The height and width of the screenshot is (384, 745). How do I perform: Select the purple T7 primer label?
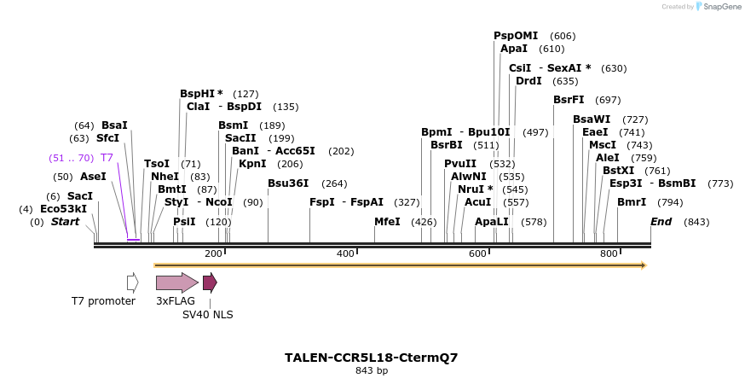(x=107, y=158)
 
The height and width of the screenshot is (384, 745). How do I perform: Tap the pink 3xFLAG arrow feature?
(x=176, y=282)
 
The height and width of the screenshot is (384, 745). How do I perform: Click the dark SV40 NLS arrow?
(x=210, y=282)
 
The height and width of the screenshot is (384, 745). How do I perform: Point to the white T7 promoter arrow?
(x=132, y=282)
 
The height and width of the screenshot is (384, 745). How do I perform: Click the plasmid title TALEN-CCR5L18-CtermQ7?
(x=371, y=358)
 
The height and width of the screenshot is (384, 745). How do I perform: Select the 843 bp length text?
(x=371, y=371)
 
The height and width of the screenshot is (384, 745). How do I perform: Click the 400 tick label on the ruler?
(x=345, y=254)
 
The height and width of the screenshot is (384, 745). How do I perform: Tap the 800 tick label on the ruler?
(x=609, y=254)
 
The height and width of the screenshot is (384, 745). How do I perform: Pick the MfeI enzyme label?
(x=388, y=222)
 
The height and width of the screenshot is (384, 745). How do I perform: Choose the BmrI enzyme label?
(x=632, y=202)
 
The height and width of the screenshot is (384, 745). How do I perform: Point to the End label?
(x=661, y=222)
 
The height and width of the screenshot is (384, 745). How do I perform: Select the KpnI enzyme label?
(x=252, y=163)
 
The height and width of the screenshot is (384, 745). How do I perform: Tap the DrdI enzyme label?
(x=528, y=81)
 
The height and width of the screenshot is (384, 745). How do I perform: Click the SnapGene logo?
(x=716, y=7)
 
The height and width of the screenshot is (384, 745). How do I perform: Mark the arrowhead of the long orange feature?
(x=644, y=265)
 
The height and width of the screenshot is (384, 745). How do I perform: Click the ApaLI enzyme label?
(x=492, y=222)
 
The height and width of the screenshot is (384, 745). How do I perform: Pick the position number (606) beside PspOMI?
(x=563, y=36)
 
